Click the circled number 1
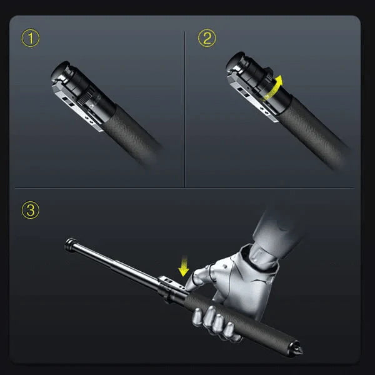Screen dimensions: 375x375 (31, 37)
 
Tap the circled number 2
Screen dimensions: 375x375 (207, 37)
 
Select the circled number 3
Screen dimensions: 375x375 (31, 210)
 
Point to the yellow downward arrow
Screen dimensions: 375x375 (184, 266)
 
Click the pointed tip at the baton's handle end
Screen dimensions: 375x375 (298, 349)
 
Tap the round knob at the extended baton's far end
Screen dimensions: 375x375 (71, 244)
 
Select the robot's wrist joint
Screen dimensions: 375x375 (262, 258)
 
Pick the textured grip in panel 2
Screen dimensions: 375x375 (313, 132)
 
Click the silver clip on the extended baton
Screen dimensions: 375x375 (171, 282)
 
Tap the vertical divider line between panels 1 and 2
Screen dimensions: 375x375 (184, 109)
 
